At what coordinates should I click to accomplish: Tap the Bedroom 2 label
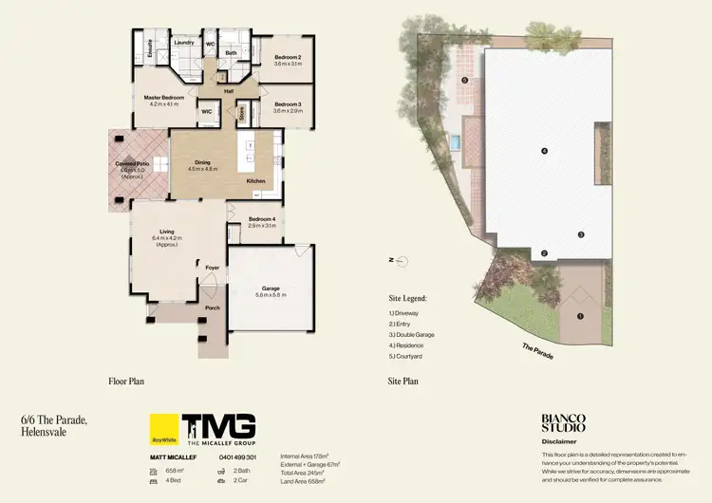(x=288, y=57)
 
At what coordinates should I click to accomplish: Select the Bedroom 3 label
(x=287, y=103)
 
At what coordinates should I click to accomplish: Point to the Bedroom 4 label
(x=261, y=219)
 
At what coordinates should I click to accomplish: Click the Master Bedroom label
(x=164, y=98)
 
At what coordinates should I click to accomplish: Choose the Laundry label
(x=184, y=43)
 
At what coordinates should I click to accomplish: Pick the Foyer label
(x=213, y=268)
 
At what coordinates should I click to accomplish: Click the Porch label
(x=213, y=307)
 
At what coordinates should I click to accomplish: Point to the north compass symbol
(x=401, y=259)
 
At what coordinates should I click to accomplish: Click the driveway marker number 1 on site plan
(x=580, y=316)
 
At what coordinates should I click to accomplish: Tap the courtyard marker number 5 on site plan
(x=464, y=81)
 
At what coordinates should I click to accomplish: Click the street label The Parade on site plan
(x=537, y=349)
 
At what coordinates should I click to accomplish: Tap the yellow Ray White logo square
(x=165, y=430)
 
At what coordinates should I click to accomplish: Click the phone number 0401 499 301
(x=238, y=457)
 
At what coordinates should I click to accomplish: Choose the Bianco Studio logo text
(x=563, y=422)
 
